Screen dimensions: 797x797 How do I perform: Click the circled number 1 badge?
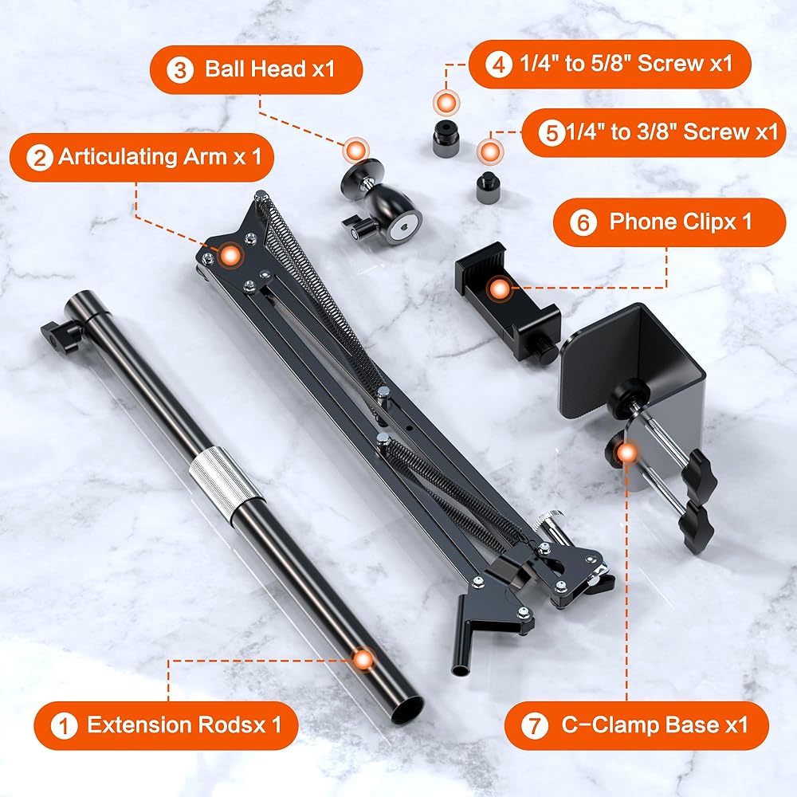pyautogui.click(x=64, y=725)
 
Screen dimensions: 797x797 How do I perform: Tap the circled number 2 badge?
pyautogui.click(x=40, y=158)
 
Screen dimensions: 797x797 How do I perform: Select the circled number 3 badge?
pyautogui.click(x=180, y=70)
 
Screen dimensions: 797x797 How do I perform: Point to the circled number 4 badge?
pyautogui.click(x=499, y=65)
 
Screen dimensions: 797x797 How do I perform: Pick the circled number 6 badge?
pyautogui.click(x=583, y=222)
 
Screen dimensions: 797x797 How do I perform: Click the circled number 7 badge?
pyautogui.click(x=535, y=725)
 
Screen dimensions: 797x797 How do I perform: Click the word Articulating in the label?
pyautogui.click(x=117, y=157)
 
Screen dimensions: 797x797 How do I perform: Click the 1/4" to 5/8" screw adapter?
pyautogui.click(x=446, y=138)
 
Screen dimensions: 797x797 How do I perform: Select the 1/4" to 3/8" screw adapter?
pyautogui.click(x=488, y=187)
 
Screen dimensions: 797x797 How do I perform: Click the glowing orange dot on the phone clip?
pyautogui.click(x=501, y=289)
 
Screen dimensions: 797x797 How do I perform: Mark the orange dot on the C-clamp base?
pyautogui.click(x=626, y=453)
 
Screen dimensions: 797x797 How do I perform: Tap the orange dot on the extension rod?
pyautogui.click(x=363, y=660)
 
